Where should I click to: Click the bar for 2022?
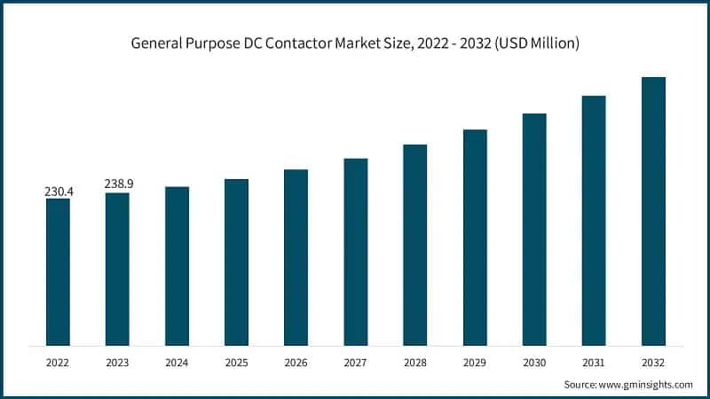pyautogui.click(x=58, y=271)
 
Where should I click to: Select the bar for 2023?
pyautogui.click(x=117, y=269)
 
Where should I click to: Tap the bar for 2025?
pyautogui.click(x=236, y=262)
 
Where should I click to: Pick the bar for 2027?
pyautogui.click(x=356, y=252)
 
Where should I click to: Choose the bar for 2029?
pyautogui.click(x=475, y=237)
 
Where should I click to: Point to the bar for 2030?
pyautogui.click(x=534, y=229)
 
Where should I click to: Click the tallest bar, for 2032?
pyautogui.click(x=653, y=211)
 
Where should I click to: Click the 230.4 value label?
pyautogui.click(x=58, y=191)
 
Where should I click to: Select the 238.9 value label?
pyautogui.click(x=117, y=184)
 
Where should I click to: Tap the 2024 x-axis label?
pyautogui.click(x=177, y=362)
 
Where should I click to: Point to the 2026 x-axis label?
pyautogui.click(x=296, y=362)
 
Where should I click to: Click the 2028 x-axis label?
pyautogui.click(x=415, y=362)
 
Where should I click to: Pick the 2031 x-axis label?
pyautogui.click(x=594, y=362)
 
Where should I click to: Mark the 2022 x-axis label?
pyautogui.click(x=58, y=362)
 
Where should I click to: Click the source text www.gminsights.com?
pyautogui.click(x=646, y=384)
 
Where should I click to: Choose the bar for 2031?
pyautogui.click(x=594, y=220)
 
